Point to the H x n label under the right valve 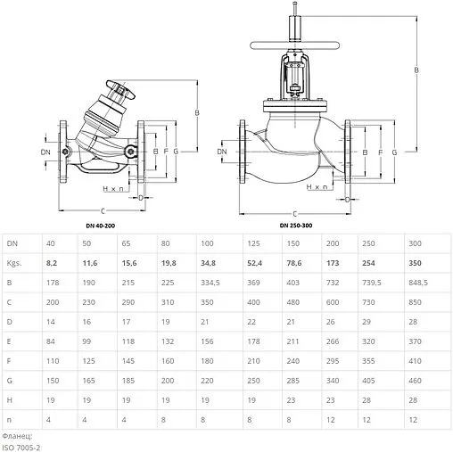click(317, 187)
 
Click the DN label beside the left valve click(45, 153)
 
